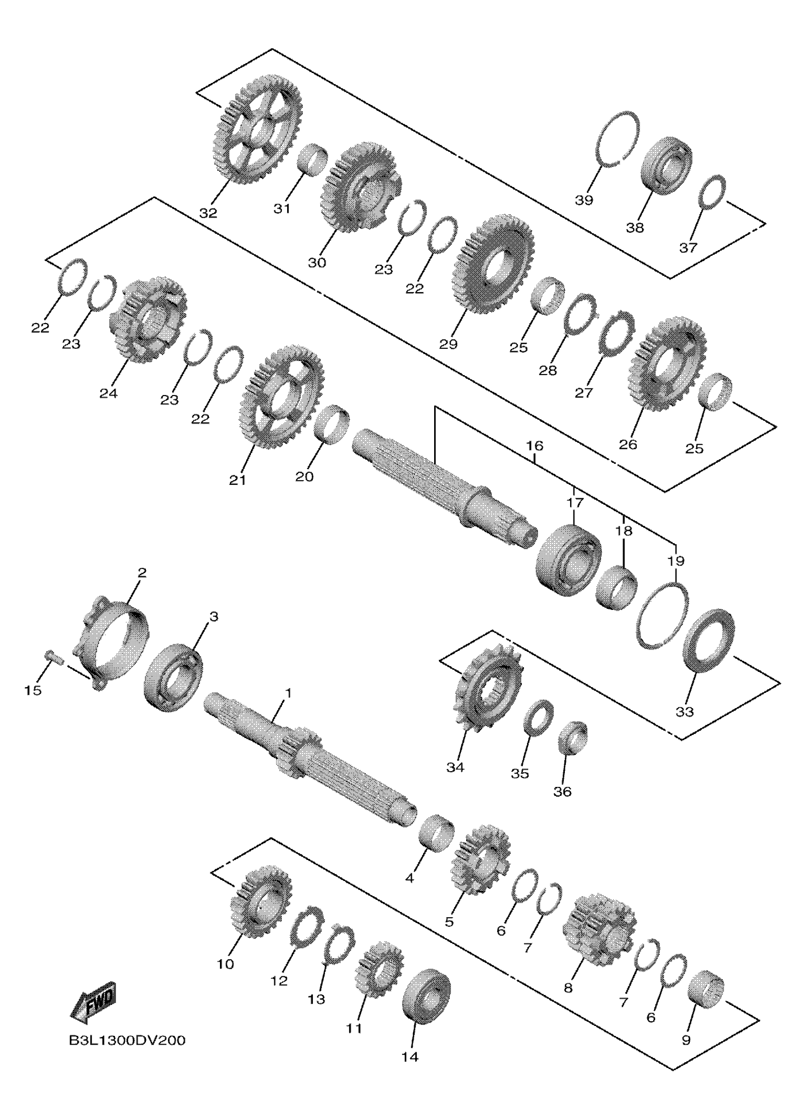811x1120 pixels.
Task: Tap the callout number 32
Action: (208, 213)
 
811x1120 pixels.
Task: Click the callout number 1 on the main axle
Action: (288, 693)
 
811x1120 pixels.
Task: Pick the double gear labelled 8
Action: (598, 927)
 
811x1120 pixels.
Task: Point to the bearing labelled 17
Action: (569, 560)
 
